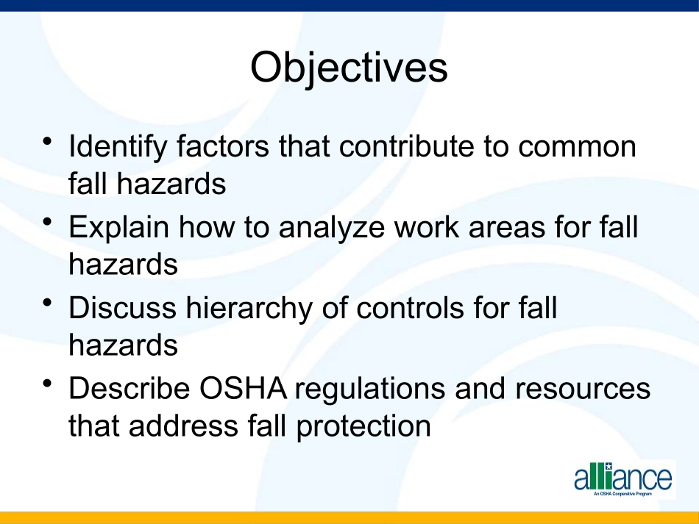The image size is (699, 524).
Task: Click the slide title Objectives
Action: pos(349,68)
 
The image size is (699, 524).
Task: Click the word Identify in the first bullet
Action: pos(118,147)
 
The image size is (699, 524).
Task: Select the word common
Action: pos(577,148)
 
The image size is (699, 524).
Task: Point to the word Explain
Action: pos(118,228)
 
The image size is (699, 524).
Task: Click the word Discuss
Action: pos(122,308)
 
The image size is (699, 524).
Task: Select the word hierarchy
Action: pos(249,309)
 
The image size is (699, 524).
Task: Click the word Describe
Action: pos(129,388)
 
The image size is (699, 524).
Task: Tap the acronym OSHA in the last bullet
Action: pos(243,388)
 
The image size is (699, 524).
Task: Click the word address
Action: pos(184,426)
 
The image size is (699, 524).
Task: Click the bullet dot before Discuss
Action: pos(48,302)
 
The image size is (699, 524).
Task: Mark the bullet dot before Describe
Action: pos(48,383)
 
